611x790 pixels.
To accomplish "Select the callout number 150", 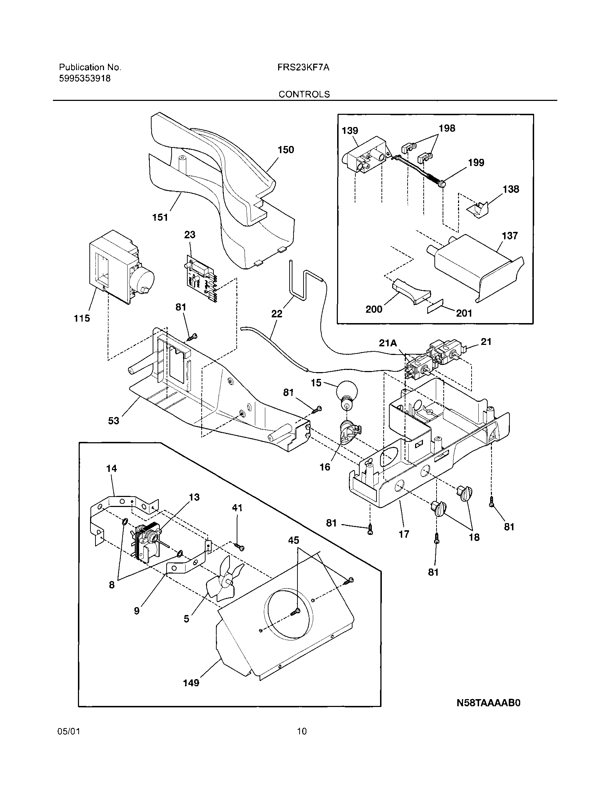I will point(286,150).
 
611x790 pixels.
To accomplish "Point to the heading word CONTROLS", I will point(304,94).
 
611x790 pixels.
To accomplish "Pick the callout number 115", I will point(82,318).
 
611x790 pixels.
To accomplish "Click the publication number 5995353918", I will point(85,78).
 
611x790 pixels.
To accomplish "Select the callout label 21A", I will point(388,343).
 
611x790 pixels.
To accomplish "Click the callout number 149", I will point(191,683).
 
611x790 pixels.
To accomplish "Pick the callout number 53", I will point(114,421).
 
